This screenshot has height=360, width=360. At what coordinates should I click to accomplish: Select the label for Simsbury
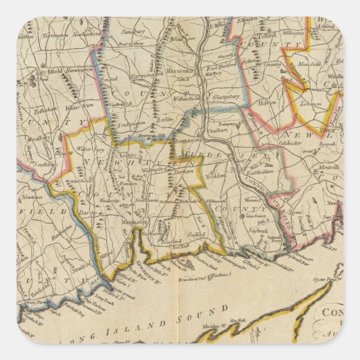pyautogui.click(x=132, y=32)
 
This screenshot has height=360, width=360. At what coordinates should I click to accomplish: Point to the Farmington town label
pyautogui.click(x=147, y=73)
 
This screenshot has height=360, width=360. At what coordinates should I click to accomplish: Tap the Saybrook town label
pyautogui.click(x=257, y=230)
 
